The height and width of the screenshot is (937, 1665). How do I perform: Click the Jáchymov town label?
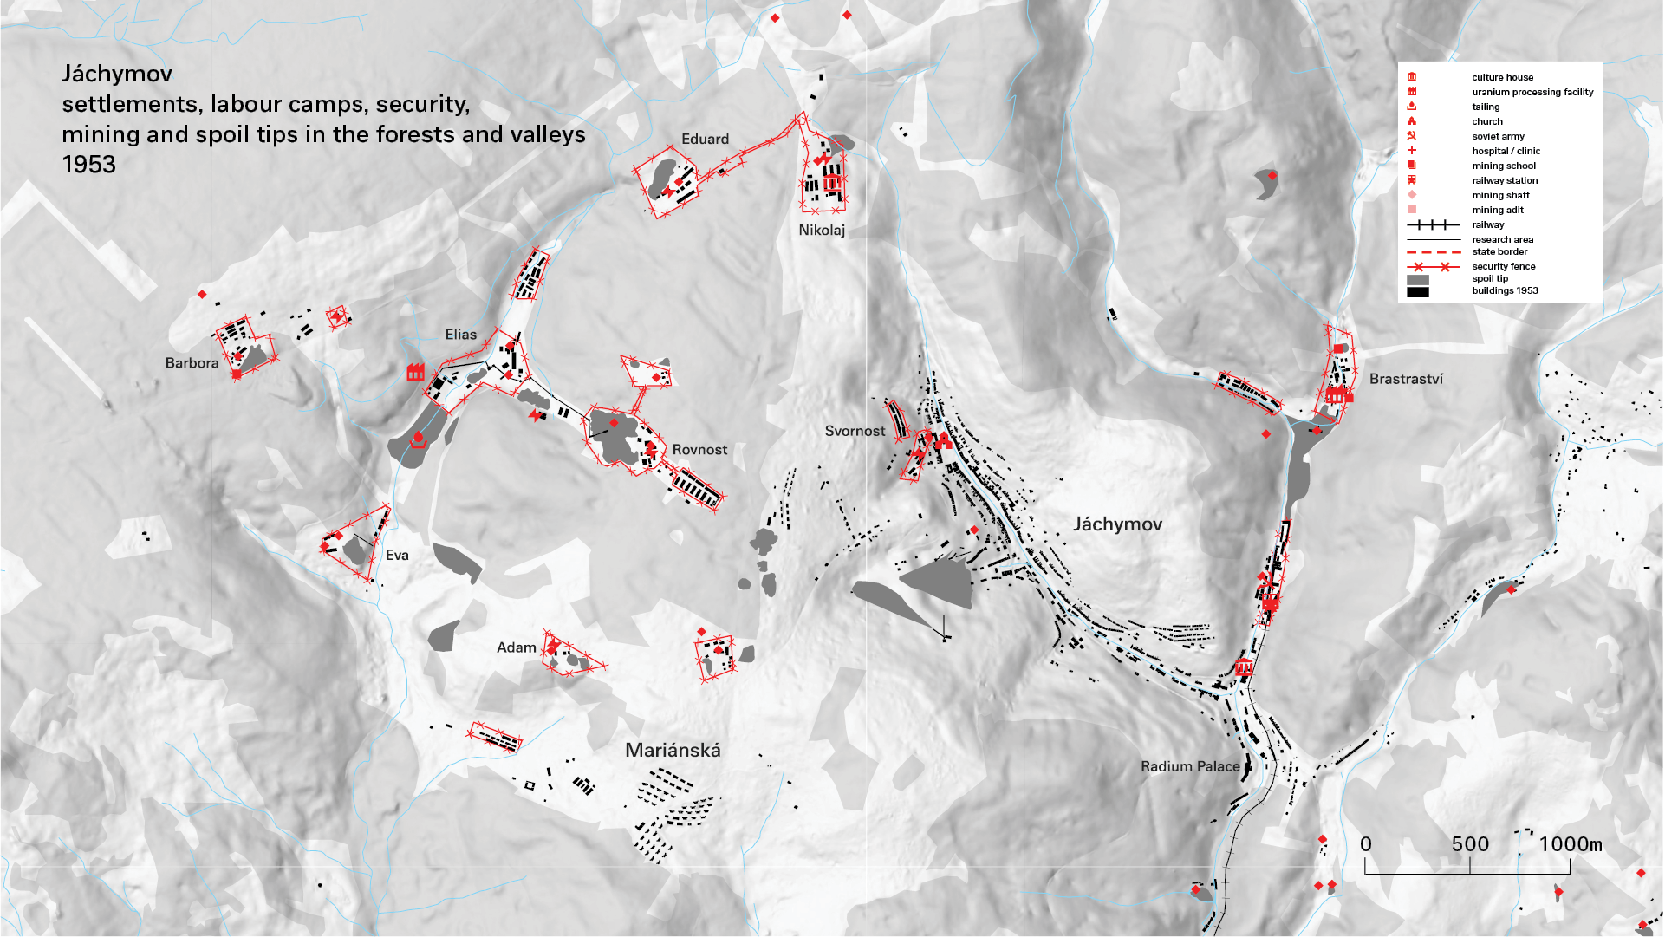(1117, 524)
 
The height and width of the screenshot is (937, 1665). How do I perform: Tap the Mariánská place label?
(673, 751)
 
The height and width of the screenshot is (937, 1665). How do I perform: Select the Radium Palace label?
(1189, 766)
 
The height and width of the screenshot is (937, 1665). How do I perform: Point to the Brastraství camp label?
(1406, 379)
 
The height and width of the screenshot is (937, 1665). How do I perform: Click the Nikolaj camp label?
(821, 231)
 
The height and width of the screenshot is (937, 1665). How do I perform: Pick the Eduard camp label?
(705, 139)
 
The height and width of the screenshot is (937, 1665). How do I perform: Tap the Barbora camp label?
(192, 363)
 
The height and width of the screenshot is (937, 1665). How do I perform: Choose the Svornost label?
(855, 431)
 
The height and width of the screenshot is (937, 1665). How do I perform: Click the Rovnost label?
(699, 450)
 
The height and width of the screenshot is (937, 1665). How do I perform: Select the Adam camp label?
(516, 647)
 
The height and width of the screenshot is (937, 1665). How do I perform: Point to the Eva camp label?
(397, 556)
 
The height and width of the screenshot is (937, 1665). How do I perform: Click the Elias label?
(460, 335)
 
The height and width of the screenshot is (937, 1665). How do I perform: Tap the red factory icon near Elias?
(416, 372)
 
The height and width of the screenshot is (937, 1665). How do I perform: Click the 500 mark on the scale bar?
(1470, 844)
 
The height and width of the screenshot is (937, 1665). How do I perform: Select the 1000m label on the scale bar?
(1570, 844)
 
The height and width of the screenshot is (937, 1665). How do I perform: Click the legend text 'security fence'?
(1503, 266)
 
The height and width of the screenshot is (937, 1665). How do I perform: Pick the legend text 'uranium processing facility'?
(1532, 92)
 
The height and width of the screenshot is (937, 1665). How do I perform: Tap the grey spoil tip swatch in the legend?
(1417, 280)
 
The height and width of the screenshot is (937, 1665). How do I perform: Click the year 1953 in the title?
(88, 165)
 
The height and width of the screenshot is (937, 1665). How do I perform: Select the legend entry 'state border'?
(1499, 251)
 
